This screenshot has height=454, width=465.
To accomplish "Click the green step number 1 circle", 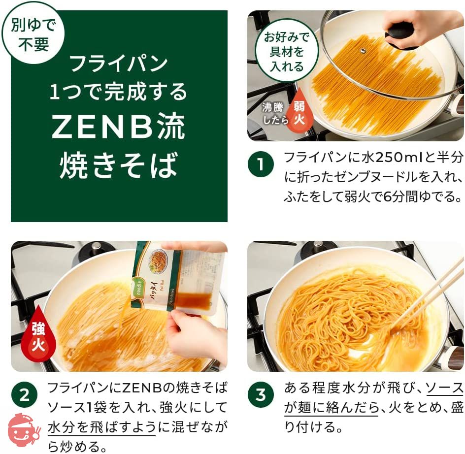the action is point(261,164).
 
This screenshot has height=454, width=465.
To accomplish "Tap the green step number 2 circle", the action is point(24,395).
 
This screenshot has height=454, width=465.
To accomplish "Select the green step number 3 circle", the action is point(261,395).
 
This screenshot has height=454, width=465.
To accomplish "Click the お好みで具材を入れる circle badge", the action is point(287,50).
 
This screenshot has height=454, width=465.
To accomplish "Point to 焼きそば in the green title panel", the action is point(119,165).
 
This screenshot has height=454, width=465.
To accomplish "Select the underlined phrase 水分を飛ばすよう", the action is point(101,427).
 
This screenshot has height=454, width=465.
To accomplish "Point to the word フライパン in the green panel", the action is point(119,63).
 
